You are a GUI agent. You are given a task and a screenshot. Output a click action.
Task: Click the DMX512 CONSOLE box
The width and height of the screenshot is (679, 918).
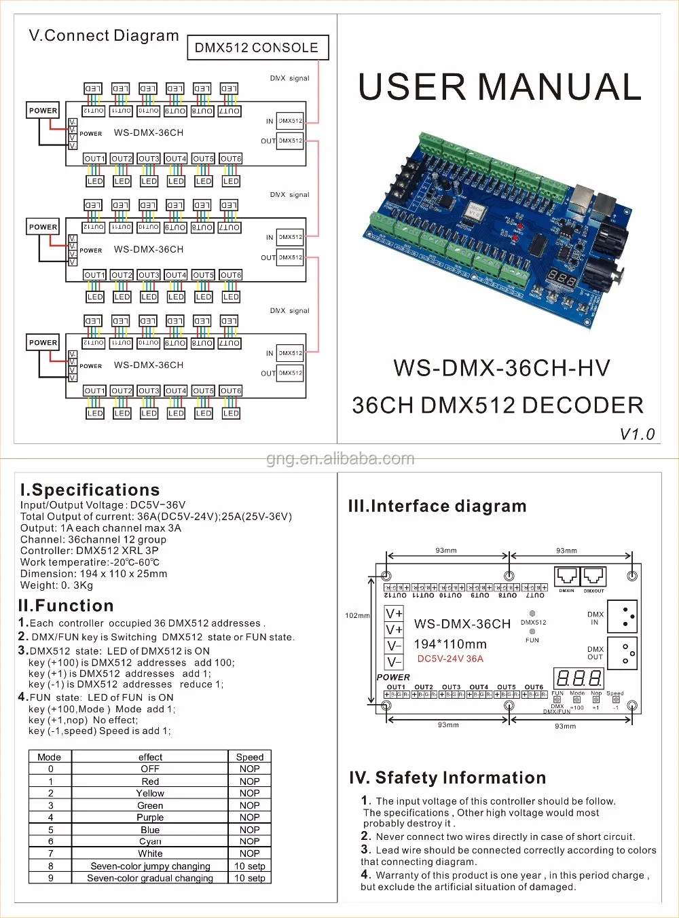click(257, 48)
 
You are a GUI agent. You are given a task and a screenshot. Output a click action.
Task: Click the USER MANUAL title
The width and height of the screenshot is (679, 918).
click(499, 87)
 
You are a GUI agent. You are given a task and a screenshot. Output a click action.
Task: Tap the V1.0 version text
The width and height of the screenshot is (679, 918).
click(637, 434)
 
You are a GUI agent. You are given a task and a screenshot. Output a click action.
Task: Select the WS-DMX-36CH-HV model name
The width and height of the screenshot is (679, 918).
click(501, 368)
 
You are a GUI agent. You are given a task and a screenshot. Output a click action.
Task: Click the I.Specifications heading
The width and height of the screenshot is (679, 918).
click(90, 490)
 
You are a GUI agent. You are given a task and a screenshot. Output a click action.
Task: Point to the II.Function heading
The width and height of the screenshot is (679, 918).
click(66, 606)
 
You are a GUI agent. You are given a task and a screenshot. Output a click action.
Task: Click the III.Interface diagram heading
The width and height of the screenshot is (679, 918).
click(437, 506)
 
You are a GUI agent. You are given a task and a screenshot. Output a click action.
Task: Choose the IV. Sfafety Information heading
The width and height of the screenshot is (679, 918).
click(447, 777)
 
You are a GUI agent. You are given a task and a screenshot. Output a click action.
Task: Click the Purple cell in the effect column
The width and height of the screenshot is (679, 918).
click(150, 818)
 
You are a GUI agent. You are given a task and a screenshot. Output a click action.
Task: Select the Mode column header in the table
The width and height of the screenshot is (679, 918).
click(50, 757)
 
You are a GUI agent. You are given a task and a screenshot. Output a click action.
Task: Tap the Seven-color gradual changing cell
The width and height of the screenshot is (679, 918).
click(150, 878)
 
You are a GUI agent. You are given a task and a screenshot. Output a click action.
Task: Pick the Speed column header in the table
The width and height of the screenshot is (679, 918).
click(249, 757)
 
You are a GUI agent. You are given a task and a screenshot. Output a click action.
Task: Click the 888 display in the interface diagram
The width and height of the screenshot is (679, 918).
click(578, 678)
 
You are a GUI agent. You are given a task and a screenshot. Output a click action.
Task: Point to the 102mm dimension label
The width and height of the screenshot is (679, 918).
click(357, 616)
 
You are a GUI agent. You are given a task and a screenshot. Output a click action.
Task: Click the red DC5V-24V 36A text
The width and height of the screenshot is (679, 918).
click(450, 659)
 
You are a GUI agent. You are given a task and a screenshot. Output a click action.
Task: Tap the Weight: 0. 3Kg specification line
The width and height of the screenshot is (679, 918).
click(56, 585)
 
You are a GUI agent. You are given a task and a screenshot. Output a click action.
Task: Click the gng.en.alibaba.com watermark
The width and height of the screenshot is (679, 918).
click(339, 459)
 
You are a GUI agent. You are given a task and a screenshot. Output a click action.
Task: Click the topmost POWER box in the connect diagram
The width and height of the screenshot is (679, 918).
click(43, 111)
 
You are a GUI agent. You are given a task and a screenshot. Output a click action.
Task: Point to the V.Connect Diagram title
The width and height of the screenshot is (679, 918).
click(104, 35)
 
